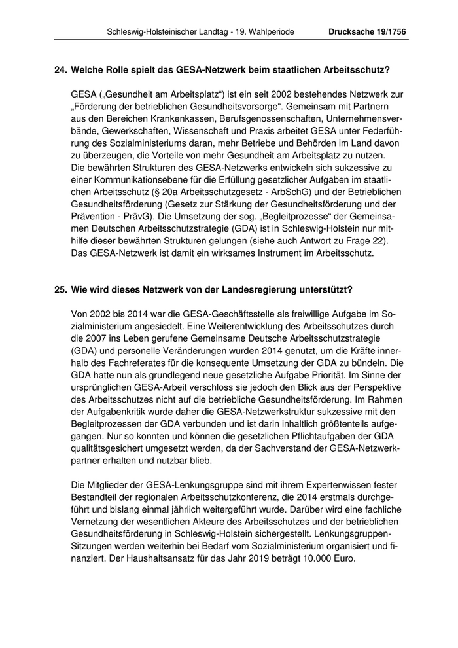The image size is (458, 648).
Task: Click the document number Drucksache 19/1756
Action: [368, 31]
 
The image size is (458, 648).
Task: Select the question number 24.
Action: [60, 70]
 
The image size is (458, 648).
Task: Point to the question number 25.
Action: [60, 289]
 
